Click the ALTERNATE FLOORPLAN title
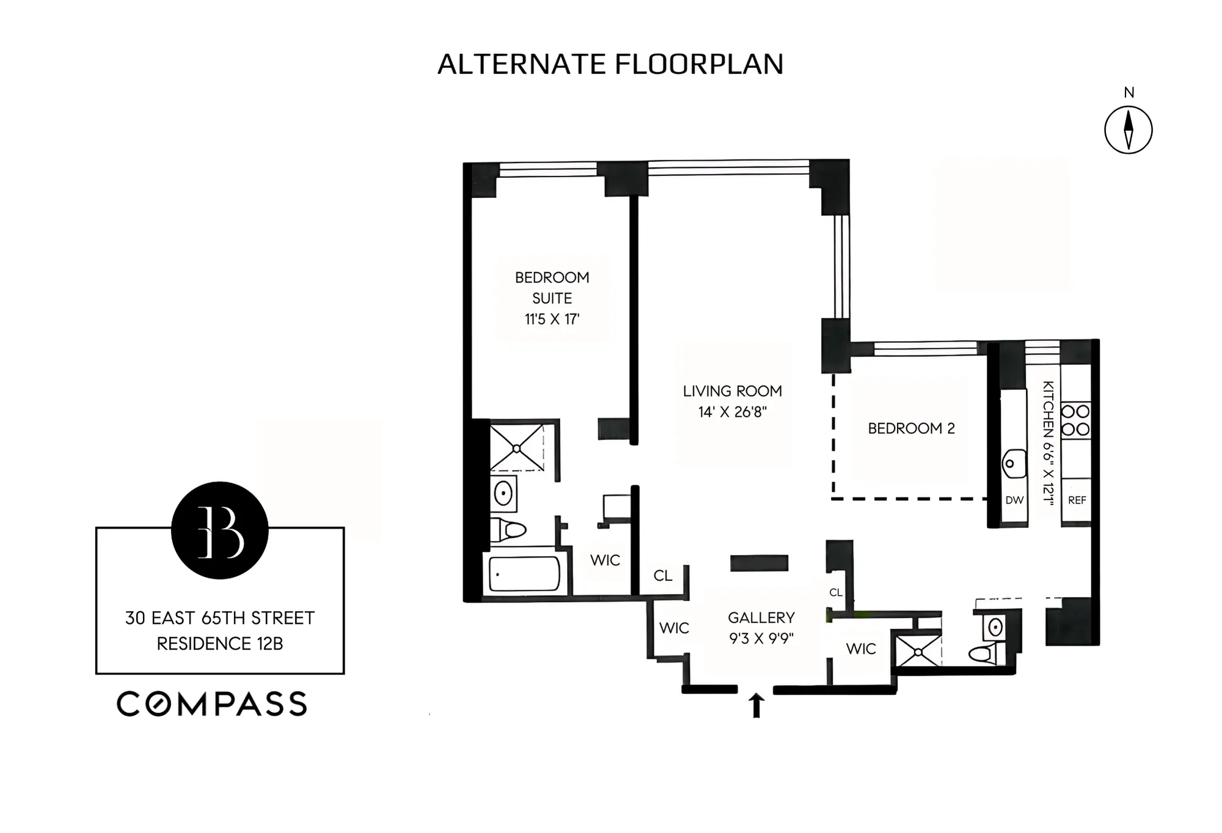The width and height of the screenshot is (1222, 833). pos(610,64)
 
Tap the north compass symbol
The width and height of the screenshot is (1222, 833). pos(1128,130)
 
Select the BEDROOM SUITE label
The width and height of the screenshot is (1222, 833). pos(552,288)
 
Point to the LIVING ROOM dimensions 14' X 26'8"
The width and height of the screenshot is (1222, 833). pos(732,412)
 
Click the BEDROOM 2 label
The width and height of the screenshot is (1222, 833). pos(911,428)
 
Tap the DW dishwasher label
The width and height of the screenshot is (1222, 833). pos(1014,500)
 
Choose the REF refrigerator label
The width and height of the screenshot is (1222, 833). pos(1077,500)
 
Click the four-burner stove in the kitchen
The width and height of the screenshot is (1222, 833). pos(1075,420)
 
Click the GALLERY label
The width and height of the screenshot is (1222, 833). pos(761,618)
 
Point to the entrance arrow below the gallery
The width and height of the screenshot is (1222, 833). pos(756,705)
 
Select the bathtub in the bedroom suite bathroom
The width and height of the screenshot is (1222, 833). pos(524,573)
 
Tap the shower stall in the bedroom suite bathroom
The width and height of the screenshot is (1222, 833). pos(517,448)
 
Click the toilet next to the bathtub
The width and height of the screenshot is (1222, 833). pos(508,529)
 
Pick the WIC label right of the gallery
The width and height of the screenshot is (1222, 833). pos(861,649)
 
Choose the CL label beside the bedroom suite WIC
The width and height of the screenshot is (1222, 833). pos(663,576)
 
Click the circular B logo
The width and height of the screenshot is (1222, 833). pos(220,530)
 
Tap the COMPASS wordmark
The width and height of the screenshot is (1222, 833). pos(212,704)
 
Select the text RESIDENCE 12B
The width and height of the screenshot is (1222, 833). pos(220,644)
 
